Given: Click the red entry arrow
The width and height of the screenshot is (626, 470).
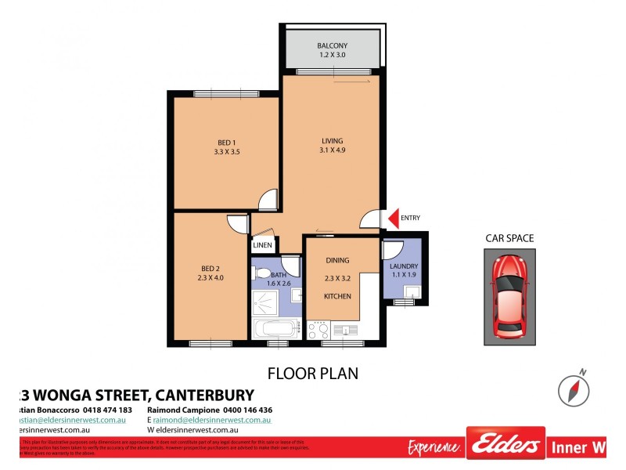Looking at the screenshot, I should [394, 218].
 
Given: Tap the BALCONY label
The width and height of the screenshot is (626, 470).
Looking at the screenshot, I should [332, 45].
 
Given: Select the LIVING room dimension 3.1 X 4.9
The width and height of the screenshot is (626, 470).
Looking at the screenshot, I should [332, 150].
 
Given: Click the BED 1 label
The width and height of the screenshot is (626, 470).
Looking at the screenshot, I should [226, 142].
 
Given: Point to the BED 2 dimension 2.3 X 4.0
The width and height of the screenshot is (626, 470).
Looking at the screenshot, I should [210, 277].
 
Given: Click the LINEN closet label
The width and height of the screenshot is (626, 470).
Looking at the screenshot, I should [262, 245].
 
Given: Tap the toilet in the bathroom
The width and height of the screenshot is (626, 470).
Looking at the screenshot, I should [261, 275].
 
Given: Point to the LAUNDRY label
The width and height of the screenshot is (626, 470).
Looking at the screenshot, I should [404, 267].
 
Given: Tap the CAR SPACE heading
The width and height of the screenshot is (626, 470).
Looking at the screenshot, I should [509, 238].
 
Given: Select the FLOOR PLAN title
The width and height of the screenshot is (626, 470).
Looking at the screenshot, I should [313, 373].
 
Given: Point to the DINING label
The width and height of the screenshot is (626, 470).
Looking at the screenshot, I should [338, 260].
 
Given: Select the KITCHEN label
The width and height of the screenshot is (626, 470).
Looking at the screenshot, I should [338, 296].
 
